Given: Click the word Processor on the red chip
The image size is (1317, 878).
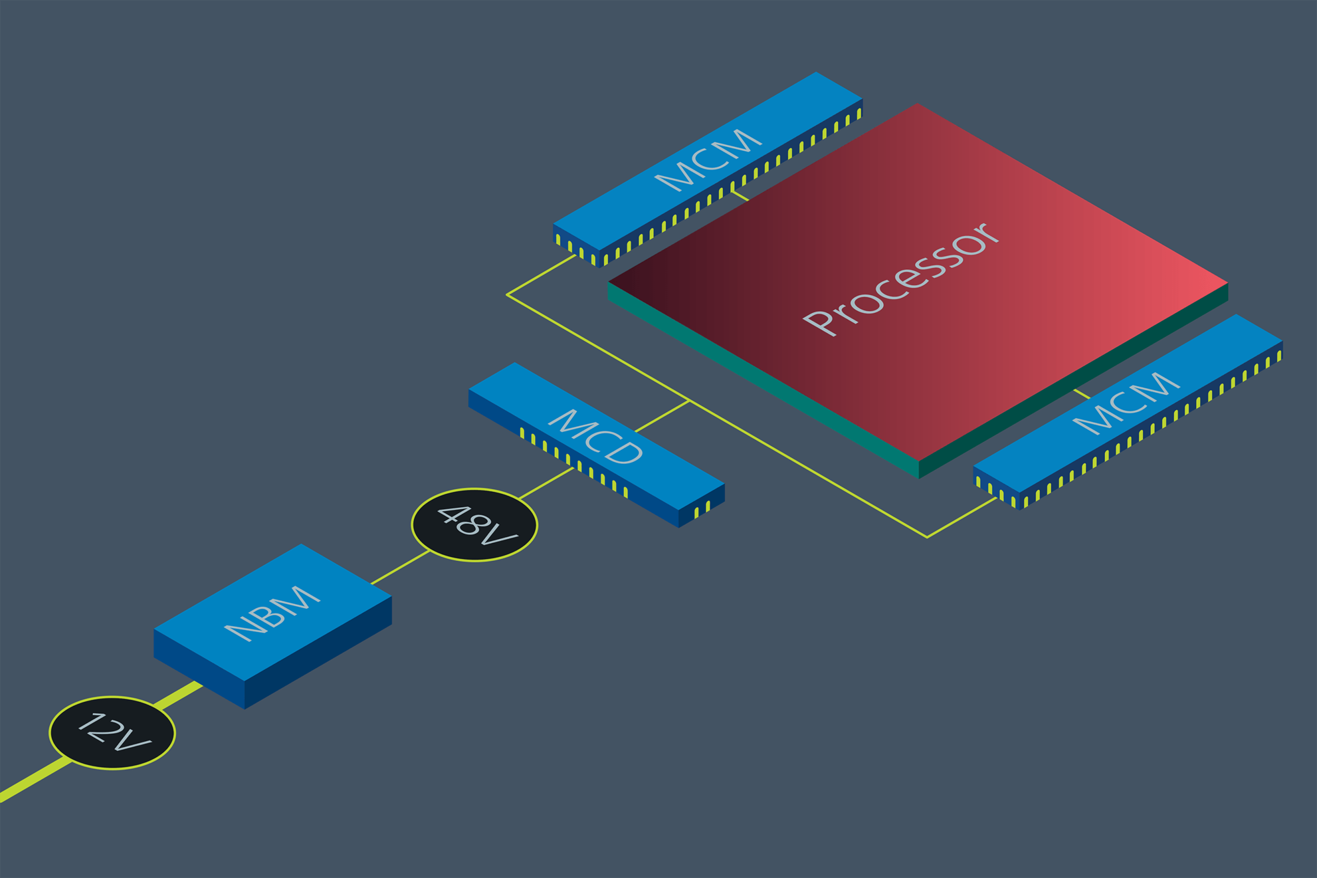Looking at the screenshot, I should (901, 279).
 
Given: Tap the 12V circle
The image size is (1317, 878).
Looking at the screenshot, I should (112, 732).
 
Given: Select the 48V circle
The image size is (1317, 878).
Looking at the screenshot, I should (474, 524).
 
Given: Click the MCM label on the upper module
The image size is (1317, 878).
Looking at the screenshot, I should (708, 159).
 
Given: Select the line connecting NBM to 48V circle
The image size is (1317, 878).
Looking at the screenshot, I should (400, 567).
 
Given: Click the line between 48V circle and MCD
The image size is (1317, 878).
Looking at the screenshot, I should (546, 483).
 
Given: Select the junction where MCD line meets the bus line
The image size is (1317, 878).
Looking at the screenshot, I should (689, 401).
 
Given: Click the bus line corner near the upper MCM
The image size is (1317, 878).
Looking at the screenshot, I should (508, 294).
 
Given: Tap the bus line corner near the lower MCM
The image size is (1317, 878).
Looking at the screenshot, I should (927, 536).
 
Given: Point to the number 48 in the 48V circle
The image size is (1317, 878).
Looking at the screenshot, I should (459, 518).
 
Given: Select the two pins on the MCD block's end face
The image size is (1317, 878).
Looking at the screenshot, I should (702, 509).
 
